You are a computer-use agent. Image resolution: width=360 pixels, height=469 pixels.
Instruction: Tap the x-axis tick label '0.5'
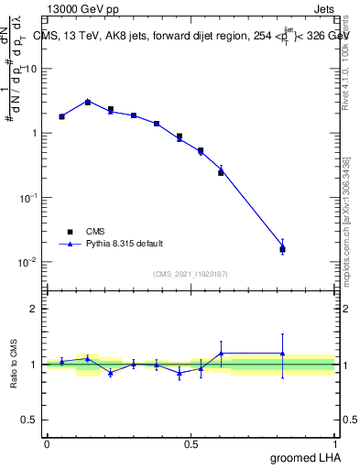pos(191,443)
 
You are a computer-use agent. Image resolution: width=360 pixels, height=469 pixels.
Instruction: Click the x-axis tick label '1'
pos(334,443)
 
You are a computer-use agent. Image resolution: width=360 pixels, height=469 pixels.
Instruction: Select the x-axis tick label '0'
pos(47,443)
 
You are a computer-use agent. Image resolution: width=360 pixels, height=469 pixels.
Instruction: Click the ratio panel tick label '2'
pos(34,309)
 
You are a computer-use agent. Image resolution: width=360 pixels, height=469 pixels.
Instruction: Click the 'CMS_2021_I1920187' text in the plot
pos(190,273)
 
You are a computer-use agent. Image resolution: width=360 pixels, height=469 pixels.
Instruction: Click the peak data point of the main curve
pos(88,102)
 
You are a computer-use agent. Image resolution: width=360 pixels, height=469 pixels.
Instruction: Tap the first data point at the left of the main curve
pos(61,116)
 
